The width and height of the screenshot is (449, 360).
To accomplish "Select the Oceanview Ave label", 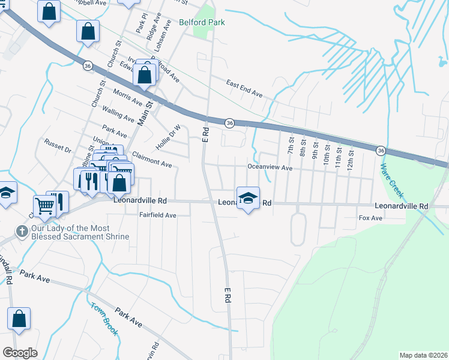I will (270, 168).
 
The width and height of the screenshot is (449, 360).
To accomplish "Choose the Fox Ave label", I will (370, 218).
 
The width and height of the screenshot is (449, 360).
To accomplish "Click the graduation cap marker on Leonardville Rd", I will (247, 198).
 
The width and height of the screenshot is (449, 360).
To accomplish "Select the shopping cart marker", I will (45, 206).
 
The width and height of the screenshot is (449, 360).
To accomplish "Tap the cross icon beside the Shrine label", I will (22, 231).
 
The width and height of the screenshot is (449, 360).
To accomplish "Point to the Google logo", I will (20, 353).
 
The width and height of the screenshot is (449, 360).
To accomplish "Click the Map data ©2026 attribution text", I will (423, 355).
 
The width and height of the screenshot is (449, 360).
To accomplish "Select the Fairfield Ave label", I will (157, 215).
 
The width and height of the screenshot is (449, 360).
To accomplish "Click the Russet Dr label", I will (58, 145).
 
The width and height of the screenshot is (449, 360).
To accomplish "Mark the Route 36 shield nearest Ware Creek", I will (381, 149).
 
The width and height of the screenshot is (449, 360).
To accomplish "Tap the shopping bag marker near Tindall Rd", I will (19, 319).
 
